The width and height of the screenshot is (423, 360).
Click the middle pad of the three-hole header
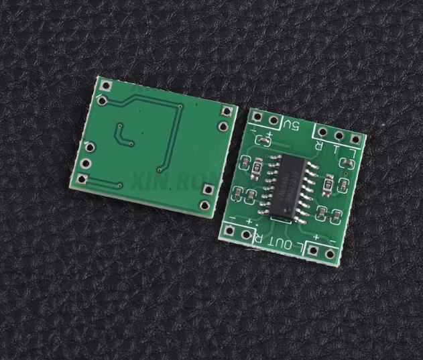339,136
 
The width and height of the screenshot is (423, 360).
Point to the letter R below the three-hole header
319,147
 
